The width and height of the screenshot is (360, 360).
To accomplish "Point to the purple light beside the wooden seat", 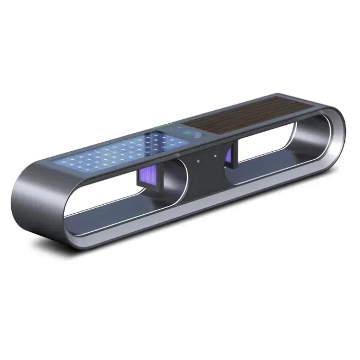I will (x=231, y=154).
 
